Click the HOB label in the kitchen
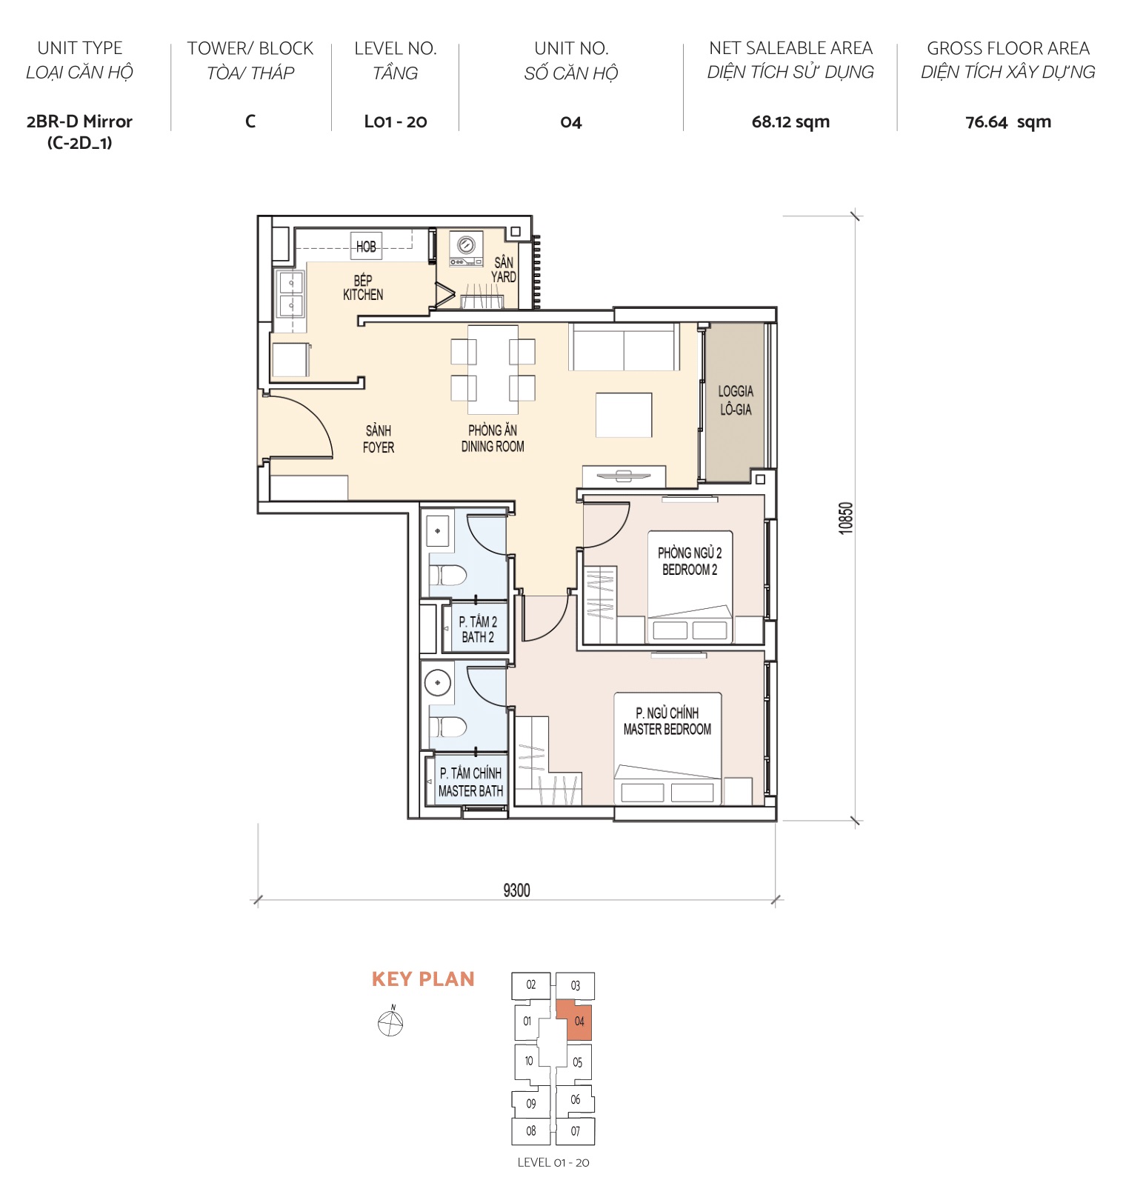click(366, 247)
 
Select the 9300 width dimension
click(516, 890)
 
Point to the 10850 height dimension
click(846, 518)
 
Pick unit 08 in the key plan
click(530, 1131)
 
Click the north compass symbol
click(390, 1024)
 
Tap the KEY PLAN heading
click(423, 979)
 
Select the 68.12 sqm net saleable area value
click(790, 122)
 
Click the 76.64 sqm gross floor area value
click(1007, 122)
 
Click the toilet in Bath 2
click(447, 575)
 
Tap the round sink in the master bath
click(438, 683)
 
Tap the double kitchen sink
click(290, 294)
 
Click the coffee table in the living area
click(624, 416)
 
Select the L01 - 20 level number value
click(395, 122)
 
